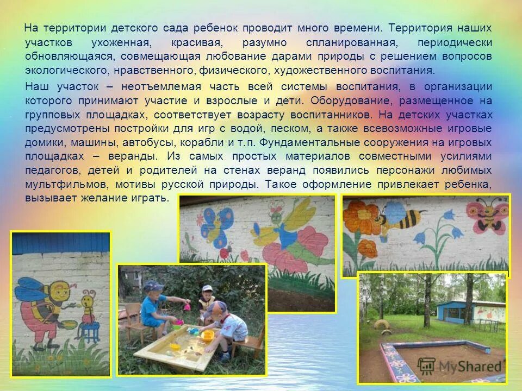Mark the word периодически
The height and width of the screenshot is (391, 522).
coord(454,43)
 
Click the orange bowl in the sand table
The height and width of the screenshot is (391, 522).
coord(207,335)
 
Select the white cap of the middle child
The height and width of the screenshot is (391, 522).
coord(207,289)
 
